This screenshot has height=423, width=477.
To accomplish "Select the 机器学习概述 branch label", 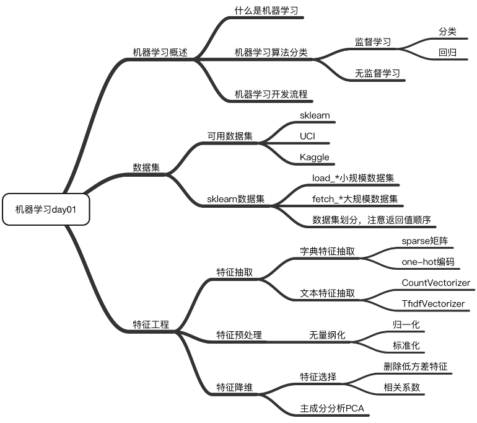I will coord(160,53).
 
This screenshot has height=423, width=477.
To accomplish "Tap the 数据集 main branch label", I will coord(147,167).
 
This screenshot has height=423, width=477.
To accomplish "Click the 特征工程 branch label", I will coord(151,324).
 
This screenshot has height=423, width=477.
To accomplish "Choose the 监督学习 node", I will coord(372,42).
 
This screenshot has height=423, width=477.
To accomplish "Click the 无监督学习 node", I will coord(377,73).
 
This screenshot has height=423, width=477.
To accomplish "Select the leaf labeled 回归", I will coord(447,53).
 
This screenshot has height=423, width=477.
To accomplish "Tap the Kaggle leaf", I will coord(315,157).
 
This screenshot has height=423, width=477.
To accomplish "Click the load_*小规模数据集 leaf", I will coord(353,178).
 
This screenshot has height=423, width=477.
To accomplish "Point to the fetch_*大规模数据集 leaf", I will coord(355,199).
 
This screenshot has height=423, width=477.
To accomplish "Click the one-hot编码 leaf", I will coord(427,262).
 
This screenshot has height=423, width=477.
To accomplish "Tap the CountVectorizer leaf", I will coord(435,283).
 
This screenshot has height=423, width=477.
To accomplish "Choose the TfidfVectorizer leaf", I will coord(433,304).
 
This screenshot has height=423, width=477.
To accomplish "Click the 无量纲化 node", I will coord(327,335).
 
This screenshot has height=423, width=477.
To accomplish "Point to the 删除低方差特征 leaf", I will coord(416,367).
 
